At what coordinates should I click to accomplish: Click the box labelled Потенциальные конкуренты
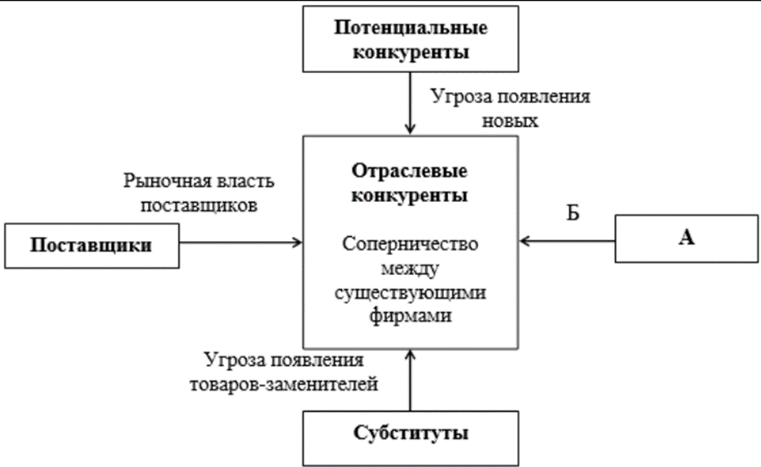[410, 39]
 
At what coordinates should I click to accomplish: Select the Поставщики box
[92, 245]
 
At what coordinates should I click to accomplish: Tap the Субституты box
[410, 432]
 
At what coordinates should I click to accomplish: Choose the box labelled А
[685, 238]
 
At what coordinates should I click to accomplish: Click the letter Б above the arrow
[573, 212]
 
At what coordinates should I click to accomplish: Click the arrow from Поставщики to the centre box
[241, 243]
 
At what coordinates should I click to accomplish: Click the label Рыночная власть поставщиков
[199, 193]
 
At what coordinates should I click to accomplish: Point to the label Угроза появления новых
[510, 108]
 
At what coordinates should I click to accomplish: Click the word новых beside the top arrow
[510, 121]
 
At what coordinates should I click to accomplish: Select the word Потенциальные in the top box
[410, 27]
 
